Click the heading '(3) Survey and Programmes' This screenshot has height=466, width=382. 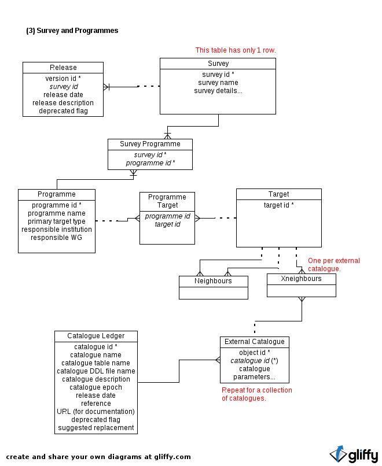pos(72,31)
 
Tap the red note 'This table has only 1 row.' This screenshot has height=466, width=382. pos(236,50)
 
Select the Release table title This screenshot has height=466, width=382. pos(63,68)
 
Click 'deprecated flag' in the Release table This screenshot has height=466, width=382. pos(63,111)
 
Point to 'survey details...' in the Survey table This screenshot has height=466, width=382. pos(218,91)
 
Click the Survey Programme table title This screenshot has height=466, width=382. pos(150,144)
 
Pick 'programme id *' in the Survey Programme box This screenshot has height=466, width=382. pos(150,163)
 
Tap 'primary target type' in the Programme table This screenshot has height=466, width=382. pos(57,221)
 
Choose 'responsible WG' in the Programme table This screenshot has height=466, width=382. pos(57,238)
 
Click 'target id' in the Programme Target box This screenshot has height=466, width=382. pos(167,224)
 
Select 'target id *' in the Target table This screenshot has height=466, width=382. pos(279,205)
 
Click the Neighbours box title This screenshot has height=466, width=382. pos(213,281)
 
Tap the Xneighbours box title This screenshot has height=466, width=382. pos(301,279)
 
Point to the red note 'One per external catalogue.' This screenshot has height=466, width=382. pos(334,264)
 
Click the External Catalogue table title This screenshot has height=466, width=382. pos(254,342)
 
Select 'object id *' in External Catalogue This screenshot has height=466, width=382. pos(254,353)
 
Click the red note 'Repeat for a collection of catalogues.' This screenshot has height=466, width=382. pos(257,394)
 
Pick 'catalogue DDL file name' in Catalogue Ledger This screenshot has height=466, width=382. pos(96,371)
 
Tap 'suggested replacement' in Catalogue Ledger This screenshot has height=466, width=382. pos(96,428)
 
